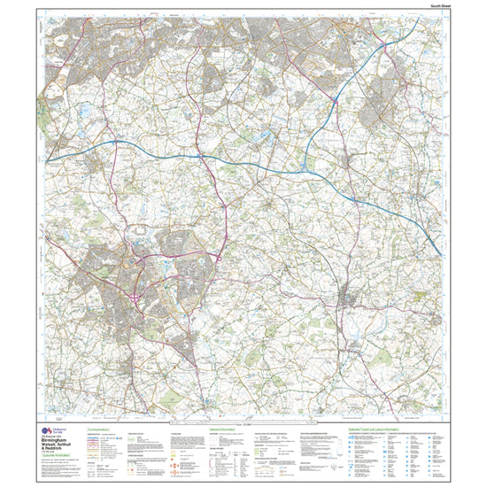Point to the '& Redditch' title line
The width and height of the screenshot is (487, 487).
(x=55, y=450)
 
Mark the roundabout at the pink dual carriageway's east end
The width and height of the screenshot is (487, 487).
(x=218, y=258)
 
